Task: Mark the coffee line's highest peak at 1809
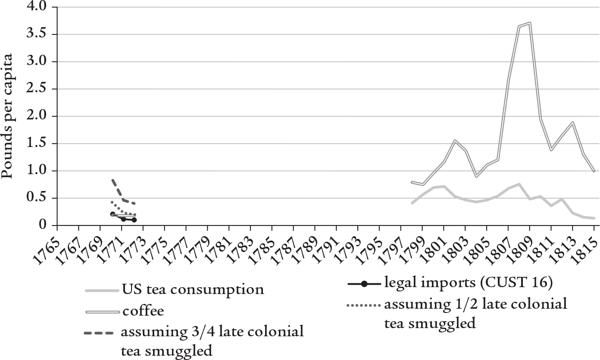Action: pos(529,23)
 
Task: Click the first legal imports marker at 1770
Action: pos(113,214)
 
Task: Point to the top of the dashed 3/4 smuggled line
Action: pos(112,180)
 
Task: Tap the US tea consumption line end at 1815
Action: pos(594,218)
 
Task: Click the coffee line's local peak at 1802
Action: pos(454,141)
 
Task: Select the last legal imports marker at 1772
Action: pos(134,220)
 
